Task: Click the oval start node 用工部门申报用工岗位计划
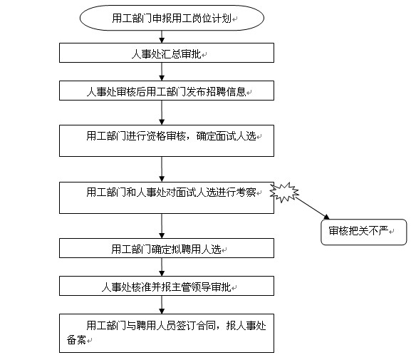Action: coord(172,18)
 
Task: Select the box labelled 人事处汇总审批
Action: coord(167,53)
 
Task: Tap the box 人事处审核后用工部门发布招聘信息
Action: coord(167,91)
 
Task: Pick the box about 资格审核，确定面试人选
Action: coord(167,140)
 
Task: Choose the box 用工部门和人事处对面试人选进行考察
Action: coord(167,197)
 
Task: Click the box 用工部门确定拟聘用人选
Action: coord(167,248)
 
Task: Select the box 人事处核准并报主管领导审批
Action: coord(167,286)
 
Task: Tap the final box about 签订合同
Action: coord(167,333)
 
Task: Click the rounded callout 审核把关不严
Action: coord(364,232)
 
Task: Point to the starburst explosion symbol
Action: coord(284,192)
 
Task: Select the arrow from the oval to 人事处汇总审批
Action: coord(162,37)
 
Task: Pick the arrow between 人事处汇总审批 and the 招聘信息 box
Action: coord(162,71)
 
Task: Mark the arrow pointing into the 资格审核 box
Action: coord(162,113)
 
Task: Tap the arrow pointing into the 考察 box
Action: coord(162,169)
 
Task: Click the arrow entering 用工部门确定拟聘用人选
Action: coord(162,226)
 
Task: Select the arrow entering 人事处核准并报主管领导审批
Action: coord(162,267)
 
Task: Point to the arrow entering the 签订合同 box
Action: coord(162,304)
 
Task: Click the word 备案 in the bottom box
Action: coord(76,340)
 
